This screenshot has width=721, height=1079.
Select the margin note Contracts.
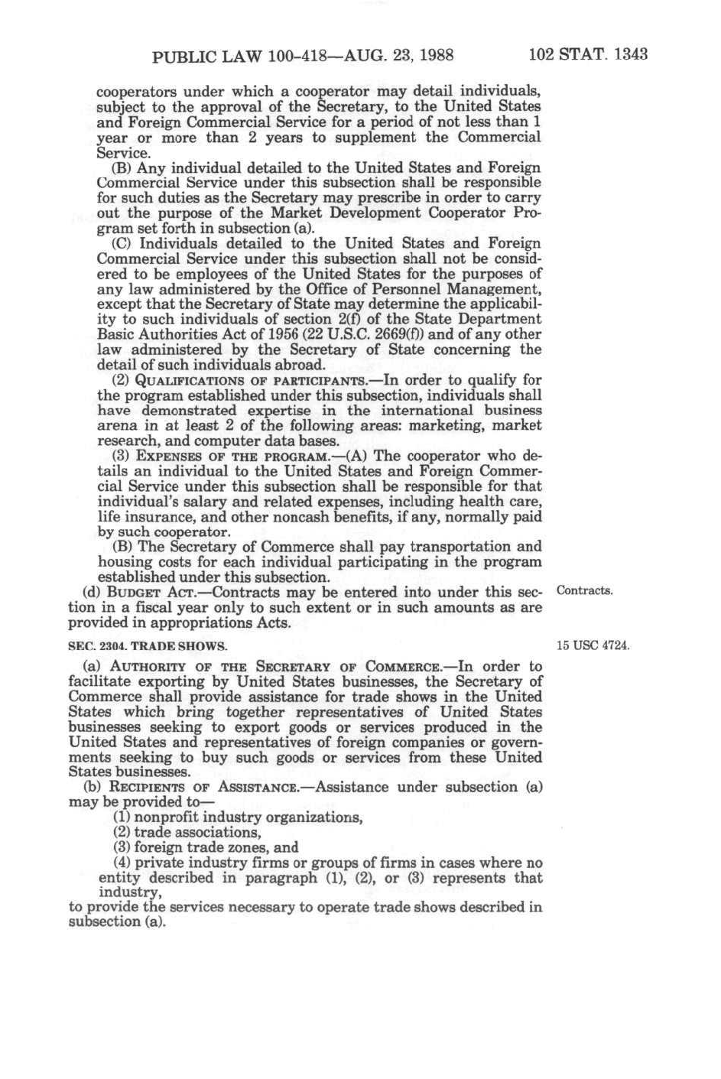pyautogui.click(x=585, y=591)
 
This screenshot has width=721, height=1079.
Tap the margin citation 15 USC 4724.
pyautogui.click(x=593, y=645)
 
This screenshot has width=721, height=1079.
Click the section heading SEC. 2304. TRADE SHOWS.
pyautogui.click(x=148, y=646)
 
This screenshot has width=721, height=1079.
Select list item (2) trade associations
pyautogui.click(x=187, y=832)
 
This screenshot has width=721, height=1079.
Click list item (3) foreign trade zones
pyautogui.click(x=206, y=847)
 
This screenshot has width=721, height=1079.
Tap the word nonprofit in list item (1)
pyautogui.click(x=167, y=817)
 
